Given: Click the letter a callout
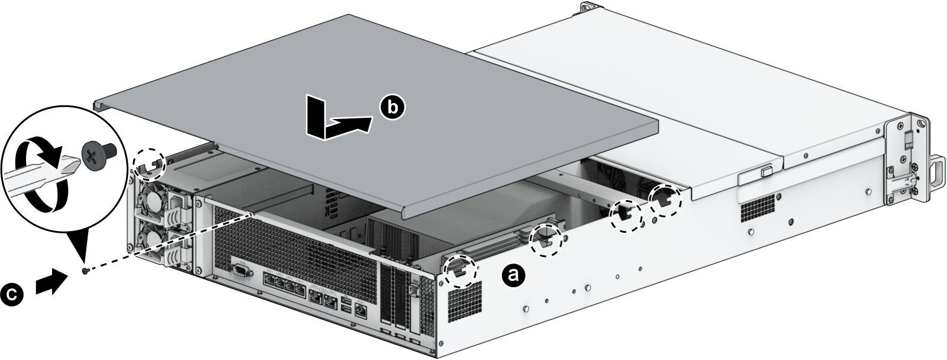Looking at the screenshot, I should (x=513, y=274).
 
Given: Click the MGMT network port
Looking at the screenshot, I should (x=362, y=309).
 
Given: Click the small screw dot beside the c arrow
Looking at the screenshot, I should (x=86, y=271).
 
